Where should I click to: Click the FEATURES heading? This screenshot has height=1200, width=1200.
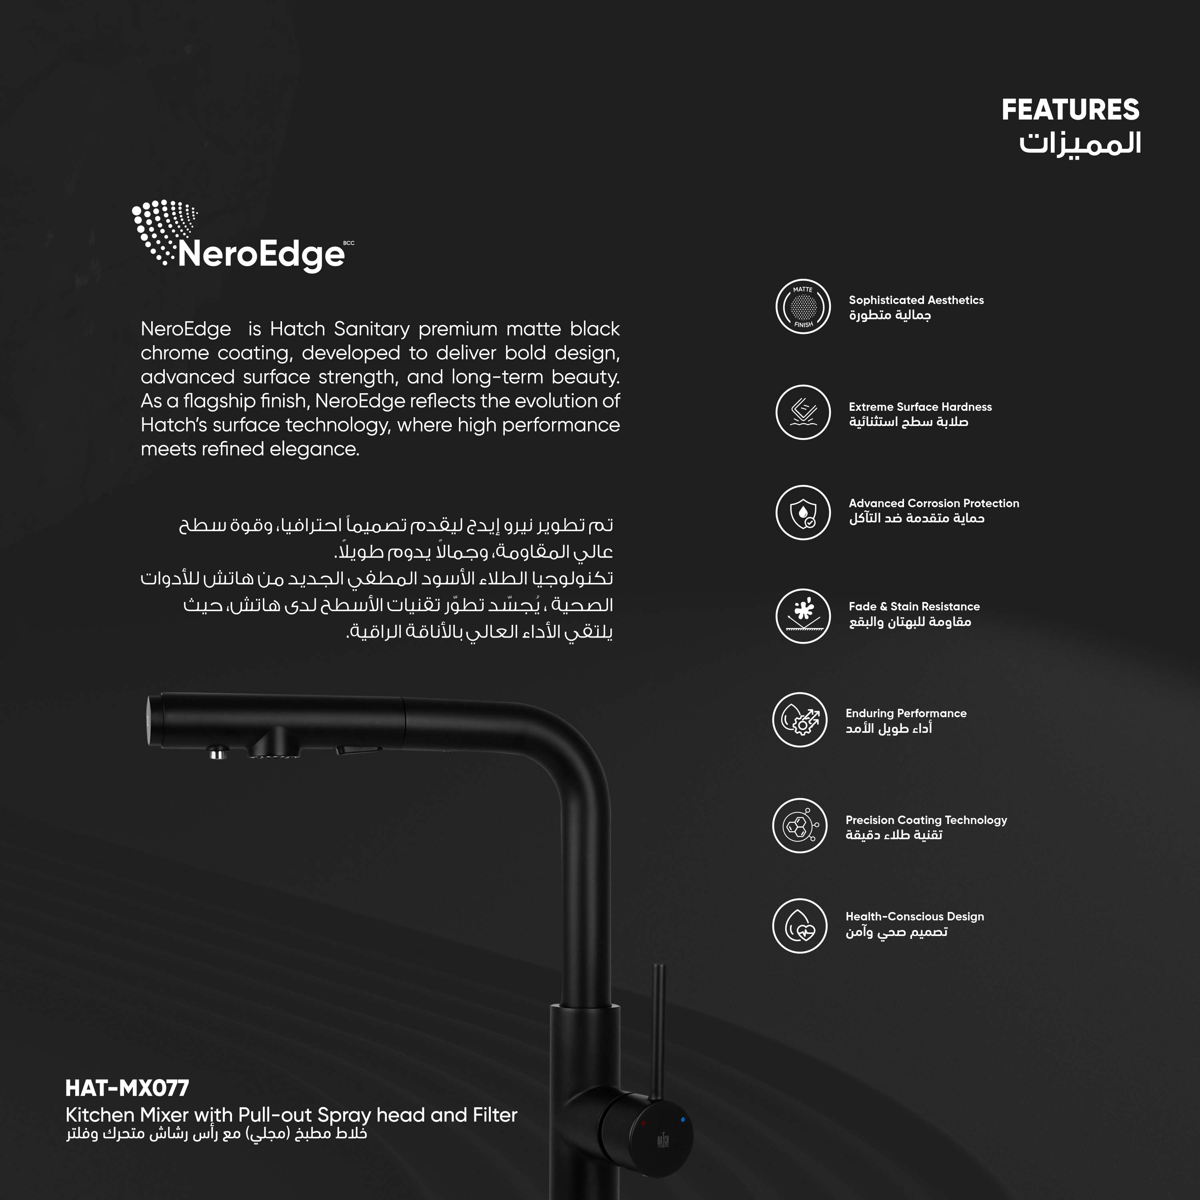coord(1070,110)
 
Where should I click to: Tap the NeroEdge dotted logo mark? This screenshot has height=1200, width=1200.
coord(163,230)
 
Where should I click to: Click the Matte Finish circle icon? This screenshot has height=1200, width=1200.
coord(802,306)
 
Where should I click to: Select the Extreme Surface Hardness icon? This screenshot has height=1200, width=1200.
coord(802,412)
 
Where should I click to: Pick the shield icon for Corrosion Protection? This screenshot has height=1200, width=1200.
coord(802,512)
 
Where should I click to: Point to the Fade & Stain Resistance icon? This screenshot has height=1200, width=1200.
coord(802,616)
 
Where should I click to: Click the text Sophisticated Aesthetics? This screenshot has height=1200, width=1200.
coord(916,300)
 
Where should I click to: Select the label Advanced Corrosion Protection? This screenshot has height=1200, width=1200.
coord(934,503)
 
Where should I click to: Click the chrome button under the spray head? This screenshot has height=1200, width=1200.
coord(217,754)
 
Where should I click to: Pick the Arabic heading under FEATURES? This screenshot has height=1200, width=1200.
coord(1080,144)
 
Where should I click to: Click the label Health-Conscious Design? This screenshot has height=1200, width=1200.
coord(914,916)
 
